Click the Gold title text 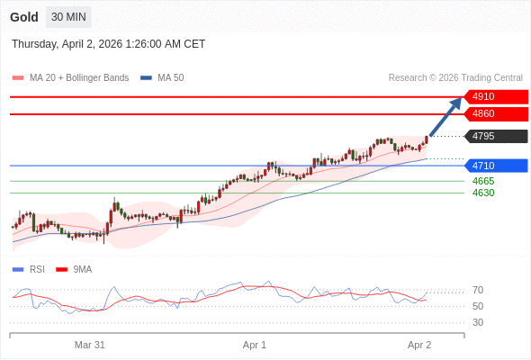click(x=24, y=17)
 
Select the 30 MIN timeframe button click(x=68, y=17)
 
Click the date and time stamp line click(x=109, y=44)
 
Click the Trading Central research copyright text click(x=455, y=77)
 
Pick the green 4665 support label click(x=483, y=181)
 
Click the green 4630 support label click(x=483, y=193)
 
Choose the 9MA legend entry click(x=82, y=269)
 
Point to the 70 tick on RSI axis click(x=478, y=290)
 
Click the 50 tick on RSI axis click(x=478, y=306)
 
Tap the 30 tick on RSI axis click(x=478, y=322)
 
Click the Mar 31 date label click(x=90, y=345)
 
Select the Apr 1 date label click(x=255, y=345)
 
